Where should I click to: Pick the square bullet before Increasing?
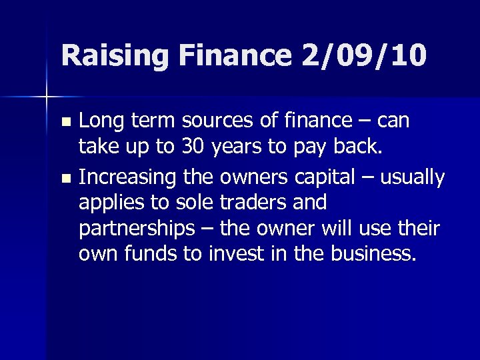click(x=65, y=179)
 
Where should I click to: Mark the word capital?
click(x=324, y=177)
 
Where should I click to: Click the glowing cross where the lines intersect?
click(x=47, y=97)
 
